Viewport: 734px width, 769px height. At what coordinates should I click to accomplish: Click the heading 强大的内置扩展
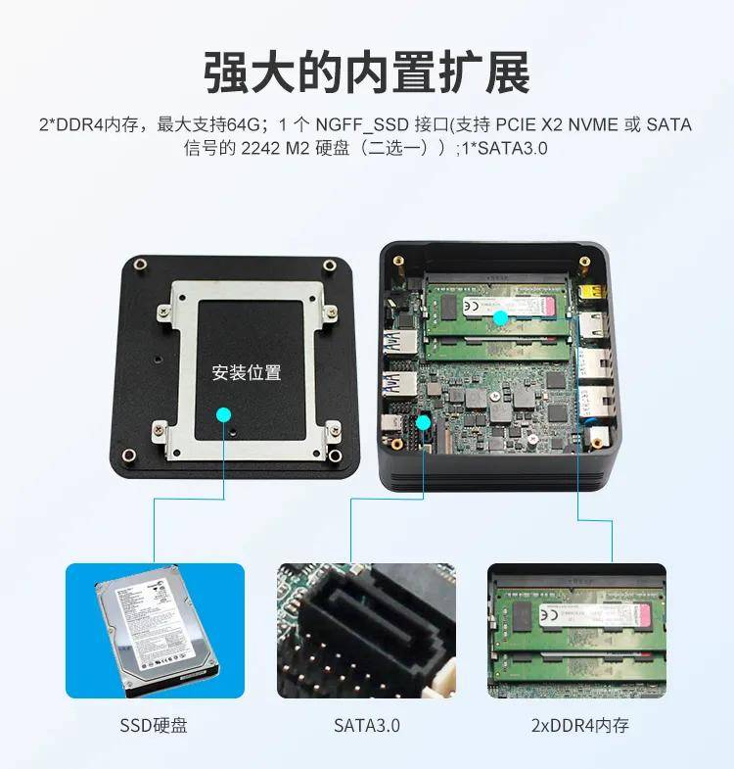coord(367,72)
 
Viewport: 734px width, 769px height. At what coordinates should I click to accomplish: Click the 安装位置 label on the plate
coord(247,372)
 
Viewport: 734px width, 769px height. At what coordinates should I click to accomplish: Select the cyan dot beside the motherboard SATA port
coord(424,422)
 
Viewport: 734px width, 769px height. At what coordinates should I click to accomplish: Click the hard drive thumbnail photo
coord(155,630)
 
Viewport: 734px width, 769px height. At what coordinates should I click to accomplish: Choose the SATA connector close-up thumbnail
coord(366,630)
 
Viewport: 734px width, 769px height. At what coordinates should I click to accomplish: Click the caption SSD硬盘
coord(154,726)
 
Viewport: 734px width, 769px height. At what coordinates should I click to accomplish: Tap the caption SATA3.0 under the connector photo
coord(366,726)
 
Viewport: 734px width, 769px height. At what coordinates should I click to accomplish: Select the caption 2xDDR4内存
coord(579,726)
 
